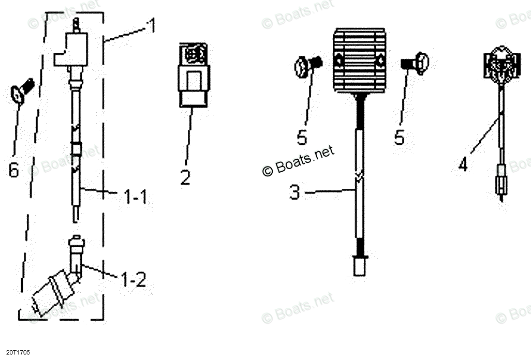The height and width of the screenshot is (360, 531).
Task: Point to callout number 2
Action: coord(185,177)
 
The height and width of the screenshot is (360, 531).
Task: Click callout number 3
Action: coord(294,193)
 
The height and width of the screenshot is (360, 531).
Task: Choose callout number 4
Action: coord(463,165)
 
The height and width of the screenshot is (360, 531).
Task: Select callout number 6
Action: coord(14,170)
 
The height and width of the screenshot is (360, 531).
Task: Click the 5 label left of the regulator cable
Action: coord(302,138)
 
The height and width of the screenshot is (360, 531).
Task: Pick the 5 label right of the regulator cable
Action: coord(399,138)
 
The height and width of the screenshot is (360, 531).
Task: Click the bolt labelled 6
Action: coord(22,91)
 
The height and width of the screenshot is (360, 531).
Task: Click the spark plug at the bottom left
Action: coord(52,293)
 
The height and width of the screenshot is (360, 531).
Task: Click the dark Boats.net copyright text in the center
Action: coord(299,161)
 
